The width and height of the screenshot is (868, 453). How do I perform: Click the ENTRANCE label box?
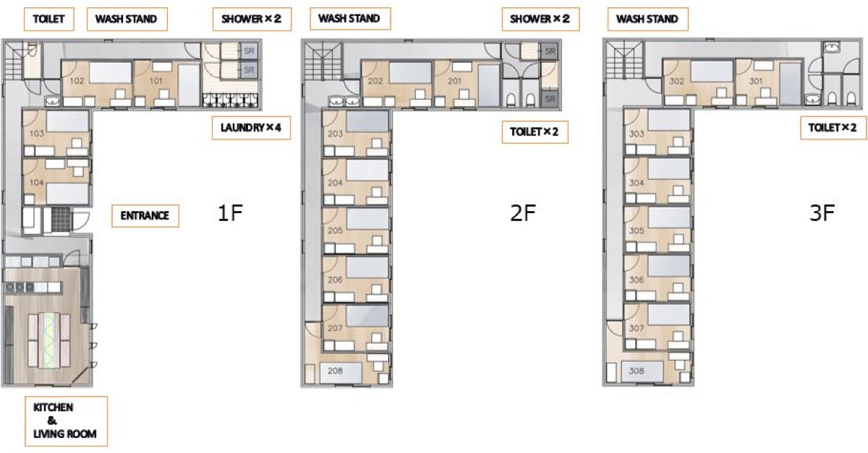coord(145,215)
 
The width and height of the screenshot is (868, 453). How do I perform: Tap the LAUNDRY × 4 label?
coord(251,128)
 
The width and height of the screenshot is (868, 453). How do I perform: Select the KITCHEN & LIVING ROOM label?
coord(66,421)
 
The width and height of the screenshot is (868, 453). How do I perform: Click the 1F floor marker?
coord(230,212)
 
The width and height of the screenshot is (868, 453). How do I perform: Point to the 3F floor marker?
coord(822,212)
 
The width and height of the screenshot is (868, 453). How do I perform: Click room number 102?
coord(77,81)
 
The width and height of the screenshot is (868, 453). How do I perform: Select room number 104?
coord(36,182)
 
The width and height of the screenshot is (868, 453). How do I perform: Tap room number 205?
coord(335,230)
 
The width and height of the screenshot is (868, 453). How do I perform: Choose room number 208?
coord(335,371)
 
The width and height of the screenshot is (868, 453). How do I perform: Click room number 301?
coord(756,82)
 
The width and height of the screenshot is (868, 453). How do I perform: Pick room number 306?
coord(637,280)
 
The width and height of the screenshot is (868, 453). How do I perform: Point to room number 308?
coord(637,371)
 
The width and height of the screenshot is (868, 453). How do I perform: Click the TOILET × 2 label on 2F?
coord(535,132)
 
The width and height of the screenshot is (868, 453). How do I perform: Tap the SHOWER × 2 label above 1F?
coord(252,19)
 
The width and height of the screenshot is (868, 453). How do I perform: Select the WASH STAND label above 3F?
coord(647,19)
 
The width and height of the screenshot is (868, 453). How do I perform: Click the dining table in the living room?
coord(49,341)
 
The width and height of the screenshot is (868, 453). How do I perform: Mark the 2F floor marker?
coord(523,212)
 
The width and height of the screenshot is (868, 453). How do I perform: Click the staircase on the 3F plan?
coord(622,60)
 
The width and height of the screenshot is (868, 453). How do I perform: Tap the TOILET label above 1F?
coord(49,19)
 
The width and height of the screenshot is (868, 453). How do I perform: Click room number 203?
coord(335,134)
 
